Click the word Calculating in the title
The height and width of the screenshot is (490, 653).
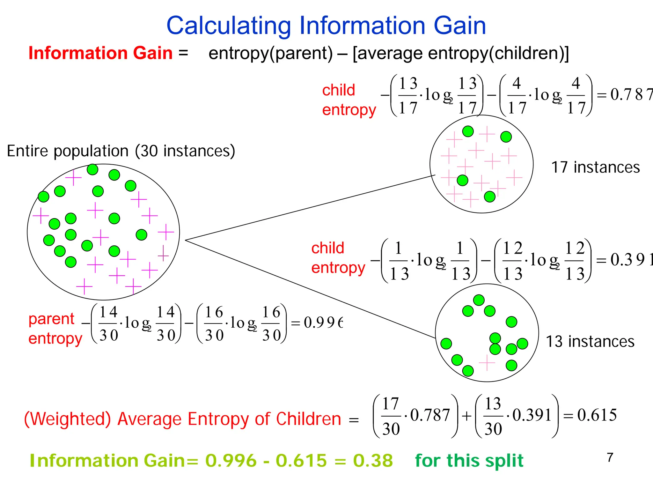228,26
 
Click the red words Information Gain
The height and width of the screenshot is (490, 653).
100,53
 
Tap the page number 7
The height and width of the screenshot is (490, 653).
610,457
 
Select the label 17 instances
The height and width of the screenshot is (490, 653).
595,167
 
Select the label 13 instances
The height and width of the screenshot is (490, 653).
590,342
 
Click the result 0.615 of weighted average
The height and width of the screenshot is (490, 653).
597,415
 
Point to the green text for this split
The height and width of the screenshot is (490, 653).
469,461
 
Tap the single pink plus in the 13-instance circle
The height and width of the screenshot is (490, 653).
487,363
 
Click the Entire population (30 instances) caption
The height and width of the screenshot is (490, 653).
121,151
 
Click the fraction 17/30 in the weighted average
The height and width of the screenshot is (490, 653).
391,416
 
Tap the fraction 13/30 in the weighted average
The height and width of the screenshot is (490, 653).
493,416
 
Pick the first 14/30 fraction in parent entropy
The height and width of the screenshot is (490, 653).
108,323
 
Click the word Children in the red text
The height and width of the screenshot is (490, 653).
308,419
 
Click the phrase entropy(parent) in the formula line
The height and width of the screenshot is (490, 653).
270,53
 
